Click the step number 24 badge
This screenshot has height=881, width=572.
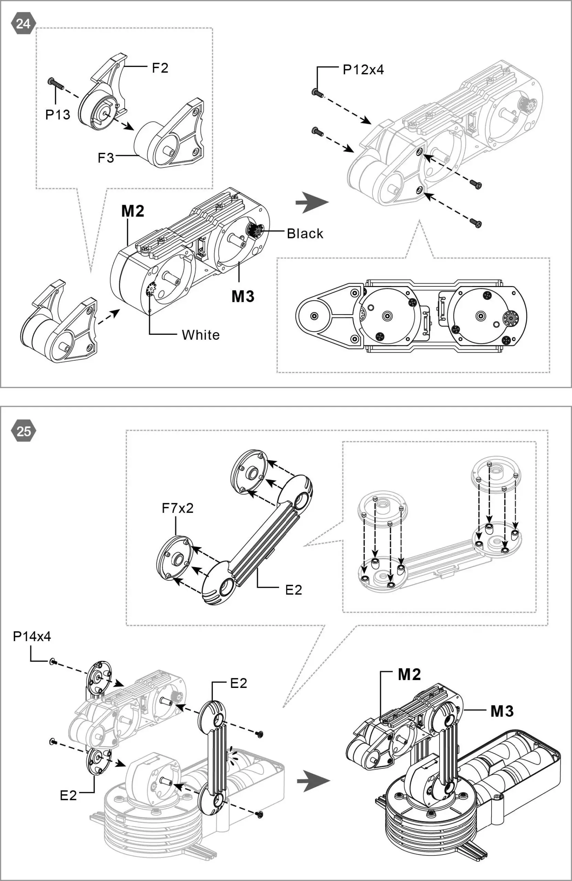pos(23,24)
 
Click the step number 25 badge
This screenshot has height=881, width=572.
pos(23,432)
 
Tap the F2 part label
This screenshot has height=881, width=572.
pos(160,68)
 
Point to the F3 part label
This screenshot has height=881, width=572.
pos(106,158)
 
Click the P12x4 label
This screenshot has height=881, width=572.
pos(363,70)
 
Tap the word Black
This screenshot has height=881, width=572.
pos(305,234)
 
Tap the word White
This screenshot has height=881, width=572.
pos(201,335)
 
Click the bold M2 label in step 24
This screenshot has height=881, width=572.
pos(132,211)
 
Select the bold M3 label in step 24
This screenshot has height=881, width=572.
pos(243,297)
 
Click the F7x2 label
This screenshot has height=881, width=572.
pos(177,508)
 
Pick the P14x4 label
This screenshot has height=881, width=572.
pos(32,636)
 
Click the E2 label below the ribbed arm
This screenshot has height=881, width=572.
pos(293,590)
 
